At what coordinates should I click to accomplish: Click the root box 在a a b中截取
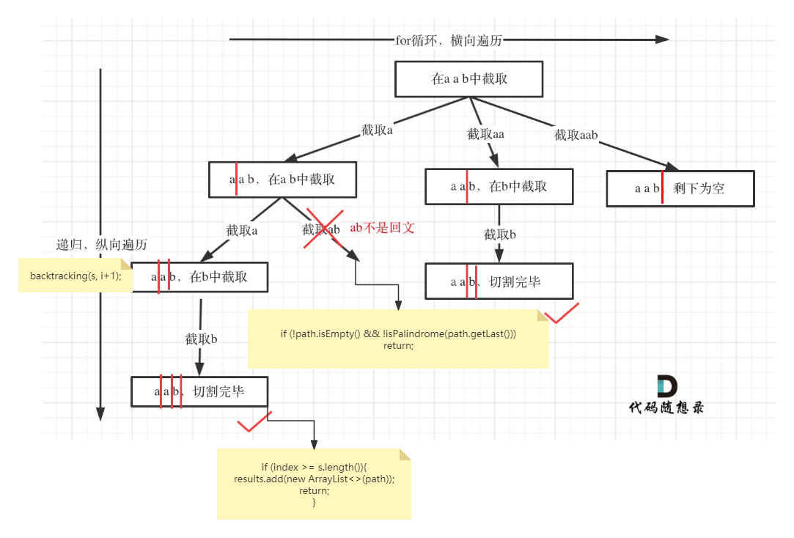[468, 79]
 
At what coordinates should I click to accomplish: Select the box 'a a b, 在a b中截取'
[282, 180]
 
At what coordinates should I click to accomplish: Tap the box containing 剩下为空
[680, 188]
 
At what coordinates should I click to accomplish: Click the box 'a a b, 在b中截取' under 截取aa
[499, 186]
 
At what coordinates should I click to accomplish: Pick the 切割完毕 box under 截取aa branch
[499, 281]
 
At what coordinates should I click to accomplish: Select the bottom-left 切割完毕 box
[199, 391]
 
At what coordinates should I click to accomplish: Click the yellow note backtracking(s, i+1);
[76, 276]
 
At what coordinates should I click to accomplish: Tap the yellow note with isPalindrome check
[398, 339]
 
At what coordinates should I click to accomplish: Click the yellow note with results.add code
[314, 484]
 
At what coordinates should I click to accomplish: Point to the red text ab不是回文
[382, 227]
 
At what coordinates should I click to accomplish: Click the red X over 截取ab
[323, 228]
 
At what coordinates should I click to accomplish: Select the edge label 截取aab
[576, 135]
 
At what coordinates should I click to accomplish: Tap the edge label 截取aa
[485, 134]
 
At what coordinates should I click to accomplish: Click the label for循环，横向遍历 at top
[449, 40]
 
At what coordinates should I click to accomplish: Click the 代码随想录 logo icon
[666, 386]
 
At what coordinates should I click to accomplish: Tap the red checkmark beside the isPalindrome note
[562, 313]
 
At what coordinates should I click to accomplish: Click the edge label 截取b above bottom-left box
[201, 339]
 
